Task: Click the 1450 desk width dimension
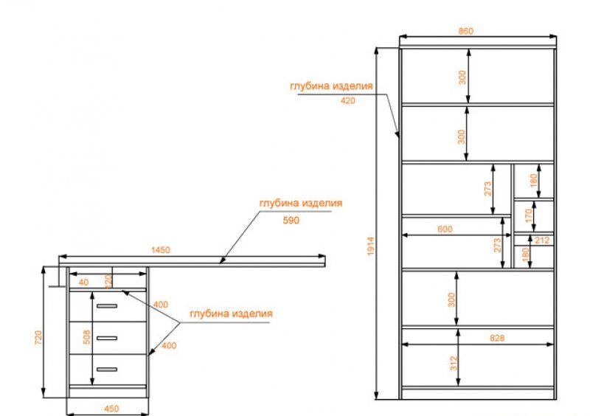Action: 161,250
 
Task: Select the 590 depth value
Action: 291,221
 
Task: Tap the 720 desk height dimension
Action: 38,337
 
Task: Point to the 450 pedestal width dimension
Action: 111,409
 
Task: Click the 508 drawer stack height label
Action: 86,337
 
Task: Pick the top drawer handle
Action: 107,305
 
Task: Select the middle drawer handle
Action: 107,338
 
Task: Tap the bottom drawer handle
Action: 107,370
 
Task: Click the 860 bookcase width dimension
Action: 466,31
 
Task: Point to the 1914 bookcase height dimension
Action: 371,246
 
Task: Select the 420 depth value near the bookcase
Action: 347,100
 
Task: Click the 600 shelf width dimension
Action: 445,229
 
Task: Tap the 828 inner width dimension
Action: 497,338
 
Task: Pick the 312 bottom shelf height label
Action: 454,364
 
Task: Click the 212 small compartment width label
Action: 542,240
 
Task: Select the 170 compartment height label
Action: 529,215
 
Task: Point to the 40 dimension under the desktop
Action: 83,282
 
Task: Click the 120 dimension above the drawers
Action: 108,282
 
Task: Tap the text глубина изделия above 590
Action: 301,204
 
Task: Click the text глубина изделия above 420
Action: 331,86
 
